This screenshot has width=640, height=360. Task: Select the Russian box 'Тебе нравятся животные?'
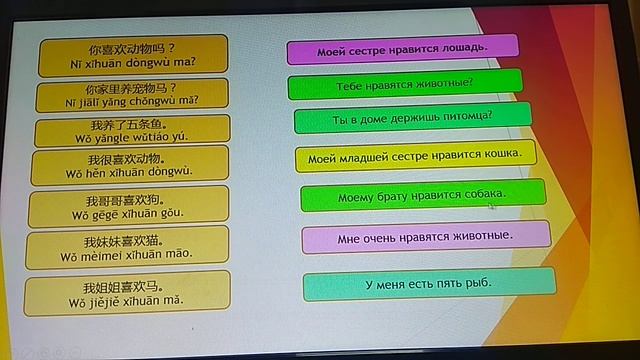coord(405,84)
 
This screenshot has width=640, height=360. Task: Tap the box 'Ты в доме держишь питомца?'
coord(412,119)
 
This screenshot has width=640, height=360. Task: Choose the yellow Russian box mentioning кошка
coord(414,157)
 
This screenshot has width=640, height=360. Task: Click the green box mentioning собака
coord(422,195)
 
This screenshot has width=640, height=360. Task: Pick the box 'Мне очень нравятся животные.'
coord(425,237)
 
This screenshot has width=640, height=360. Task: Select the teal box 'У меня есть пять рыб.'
coord(428,284)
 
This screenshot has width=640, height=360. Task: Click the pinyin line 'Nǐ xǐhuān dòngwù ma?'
coord(132,61)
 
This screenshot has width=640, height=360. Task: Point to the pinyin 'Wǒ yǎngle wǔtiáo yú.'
coord(131,137)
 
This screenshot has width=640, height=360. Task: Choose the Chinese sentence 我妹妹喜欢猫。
coord(127,241)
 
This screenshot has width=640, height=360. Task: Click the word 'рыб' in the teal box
coord(479,284)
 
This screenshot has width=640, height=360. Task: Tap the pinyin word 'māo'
coord(177,255)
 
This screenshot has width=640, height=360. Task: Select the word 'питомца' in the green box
coord(469,118)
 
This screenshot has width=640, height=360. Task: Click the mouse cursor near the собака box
coord(490,206)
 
